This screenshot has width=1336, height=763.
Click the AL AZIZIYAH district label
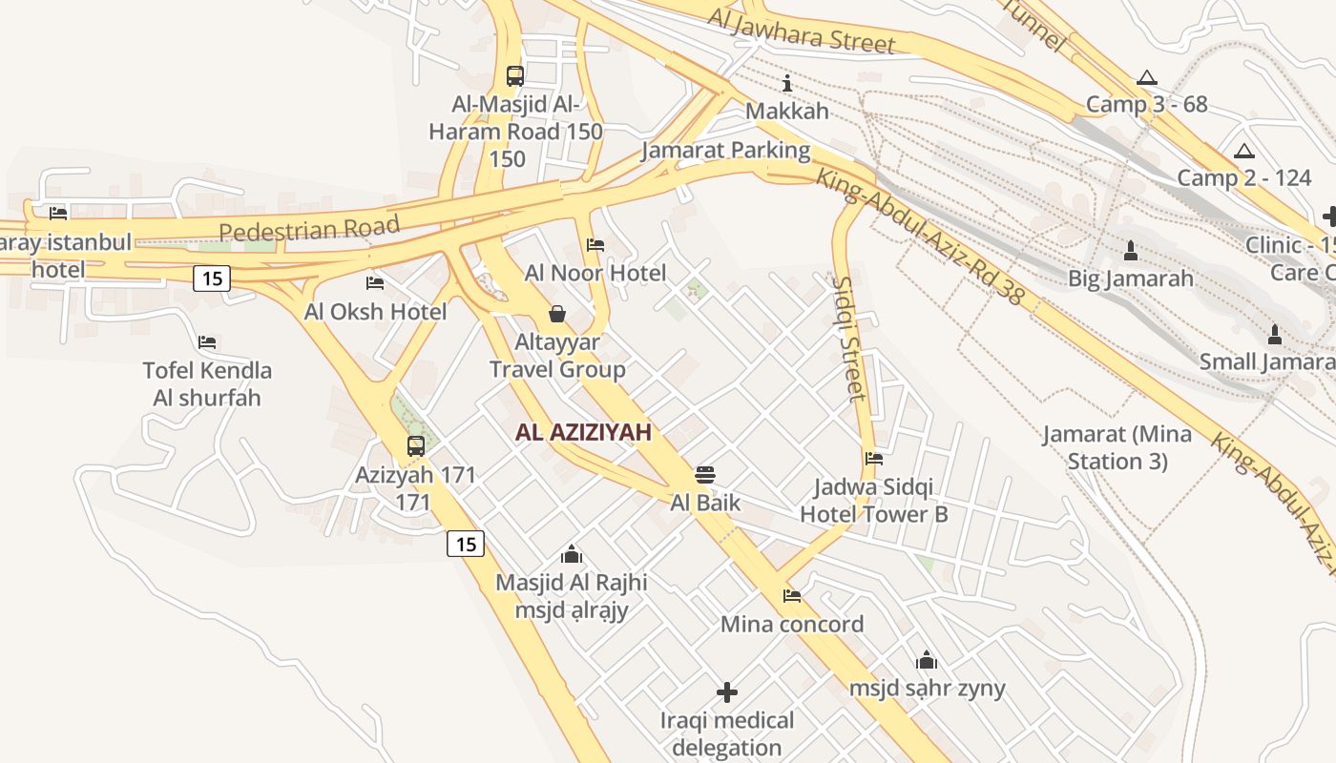[583, 432]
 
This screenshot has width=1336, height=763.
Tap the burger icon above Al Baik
[705, 474]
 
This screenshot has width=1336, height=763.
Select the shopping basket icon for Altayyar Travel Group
[557, 313]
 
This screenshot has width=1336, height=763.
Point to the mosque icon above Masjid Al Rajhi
[572, 554]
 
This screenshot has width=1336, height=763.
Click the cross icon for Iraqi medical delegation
[727, 691]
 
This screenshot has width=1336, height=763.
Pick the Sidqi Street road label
[847, 339]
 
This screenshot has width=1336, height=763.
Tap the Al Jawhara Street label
[802, 30]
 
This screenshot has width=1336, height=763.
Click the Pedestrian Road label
[308, 229]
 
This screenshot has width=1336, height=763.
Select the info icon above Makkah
[787, 83]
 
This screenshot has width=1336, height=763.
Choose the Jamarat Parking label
[725, 150]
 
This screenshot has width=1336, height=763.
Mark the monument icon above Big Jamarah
[1131, 251]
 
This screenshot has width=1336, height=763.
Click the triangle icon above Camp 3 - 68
[1147, 77]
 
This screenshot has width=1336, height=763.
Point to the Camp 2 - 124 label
[1243, 177]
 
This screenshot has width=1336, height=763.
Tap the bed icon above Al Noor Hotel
[595, 245]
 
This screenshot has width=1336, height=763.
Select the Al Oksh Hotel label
[375, 311]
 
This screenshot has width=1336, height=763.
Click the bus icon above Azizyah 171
[415, 445]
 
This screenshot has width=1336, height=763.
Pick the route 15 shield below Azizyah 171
[466, 544]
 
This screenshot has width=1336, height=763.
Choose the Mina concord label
[791, 624]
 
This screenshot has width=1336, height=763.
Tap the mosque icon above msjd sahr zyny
[927, 660]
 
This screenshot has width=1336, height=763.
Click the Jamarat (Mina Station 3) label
[1117, 447]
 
